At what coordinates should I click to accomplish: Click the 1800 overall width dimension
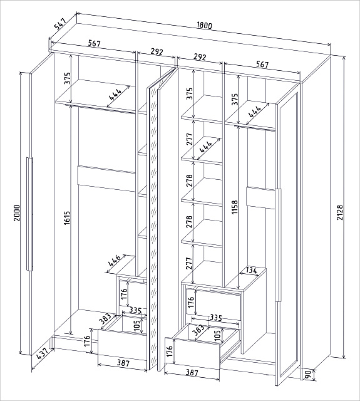point(204,25)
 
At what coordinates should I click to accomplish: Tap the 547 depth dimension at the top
point(60,24)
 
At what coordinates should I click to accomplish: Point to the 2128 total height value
point(340,212)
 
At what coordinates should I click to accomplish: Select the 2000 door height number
point(17,213)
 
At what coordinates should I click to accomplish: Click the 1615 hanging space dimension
point(67,217)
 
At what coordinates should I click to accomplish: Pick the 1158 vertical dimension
point(234,207)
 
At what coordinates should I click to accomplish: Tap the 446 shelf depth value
point(114,261)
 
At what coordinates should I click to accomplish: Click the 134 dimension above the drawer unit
point(251,271)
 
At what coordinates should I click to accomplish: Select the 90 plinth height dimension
point(307,375)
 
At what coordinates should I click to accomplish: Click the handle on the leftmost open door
point(29,214)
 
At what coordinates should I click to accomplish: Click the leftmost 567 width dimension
point(95,43)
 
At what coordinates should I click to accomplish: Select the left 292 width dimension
point(157,52)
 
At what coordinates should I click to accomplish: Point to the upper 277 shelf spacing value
point(189,139)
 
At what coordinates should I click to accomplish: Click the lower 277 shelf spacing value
point(189,263)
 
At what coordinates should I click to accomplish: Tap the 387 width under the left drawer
point(123,363)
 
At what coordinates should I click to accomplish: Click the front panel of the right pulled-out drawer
point(192,353)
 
